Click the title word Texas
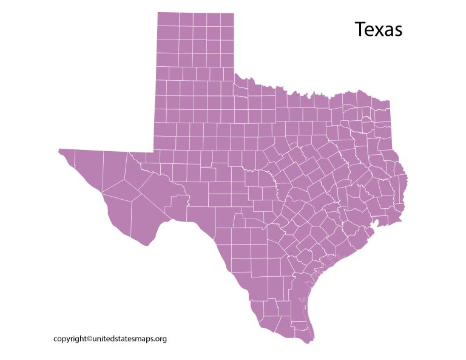pyautogui.click(x=378, y=29)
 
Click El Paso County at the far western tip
pyautogui.click(x=66, y=155)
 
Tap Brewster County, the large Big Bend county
pyautogui.click(x=146, y=216)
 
